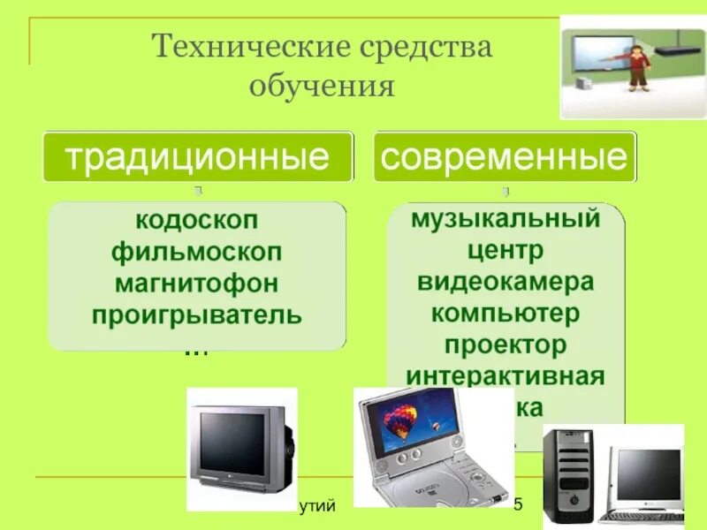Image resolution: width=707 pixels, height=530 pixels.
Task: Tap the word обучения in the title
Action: click(x=321, y=86)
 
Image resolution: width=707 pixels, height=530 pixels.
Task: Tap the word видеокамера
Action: click(x=505, y=281)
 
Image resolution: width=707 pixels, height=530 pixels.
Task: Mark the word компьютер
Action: click(x=505, y=313)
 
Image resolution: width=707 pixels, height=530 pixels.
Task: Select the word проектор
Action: click(x=505, y=344)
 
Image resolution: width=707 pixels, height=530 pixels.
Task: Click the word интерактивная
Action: click(x=505, y=376)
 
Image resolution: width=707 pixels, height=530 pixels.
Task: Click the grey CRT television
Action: click(x=240, y=445)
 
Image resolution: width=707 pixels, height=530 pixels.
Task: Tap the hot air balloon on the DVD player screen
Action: click(x=402, y=420)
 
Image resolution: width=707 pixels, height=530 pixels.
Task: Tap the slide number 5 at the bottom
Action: click(x=519, y=504)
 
